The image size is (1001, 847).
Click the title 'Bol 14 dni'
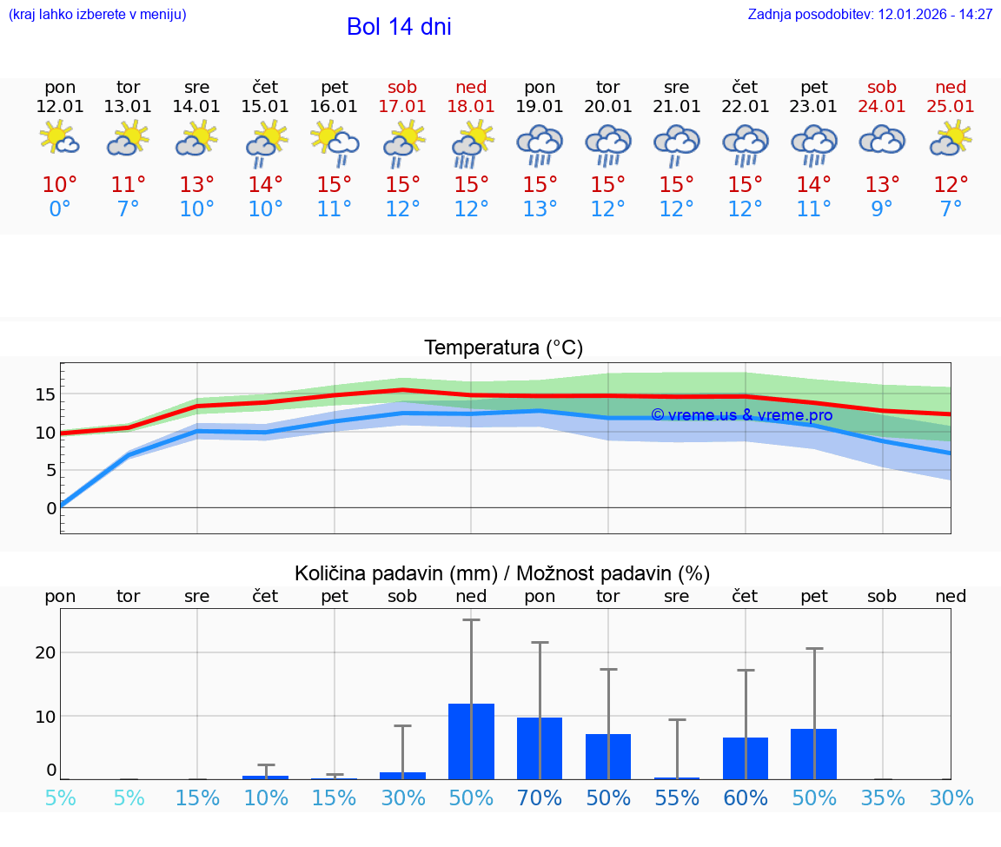[x=399, y=27]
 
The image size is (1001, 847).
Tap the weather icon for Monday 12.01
[x=60, y=139]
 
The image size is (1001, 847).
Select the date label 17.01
[x=402, y=107]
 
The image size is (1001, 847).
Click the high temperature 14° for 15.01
[x=266, y=185]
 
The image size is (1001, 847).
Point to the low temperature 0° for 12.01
[x=60, y=209]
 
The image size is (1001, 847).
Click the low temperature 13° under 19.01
[x=540, y=209]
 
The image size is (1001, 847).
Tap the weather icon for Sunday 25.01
[x=951, y=139]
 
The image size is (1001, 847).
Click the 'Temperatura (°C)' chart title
[x=503, y=348]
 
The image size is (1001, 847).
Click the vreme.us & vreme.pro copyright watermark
[x=741, y=415]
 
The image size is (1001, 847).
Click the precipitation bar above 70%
[x=540, y=748]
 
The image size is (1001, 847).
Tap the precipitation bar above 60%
[x=746, y=758]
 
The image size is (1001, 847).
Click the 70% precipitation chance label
[x=540, y=798]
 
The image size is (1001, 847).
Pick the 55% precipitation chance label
[x=677, y=798]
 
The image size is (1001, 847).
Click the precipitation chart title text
[x=502, y=573]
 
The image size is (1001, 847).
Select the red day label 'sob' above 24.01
[x=882, y=87]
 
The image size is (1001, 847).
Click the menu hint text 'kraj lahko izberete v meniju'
[x=97, y=15]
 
